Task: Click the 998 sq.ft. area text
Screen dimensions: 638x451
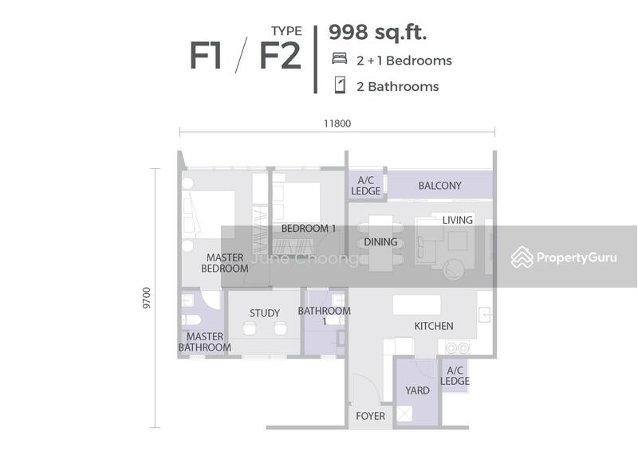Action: click(377, 33)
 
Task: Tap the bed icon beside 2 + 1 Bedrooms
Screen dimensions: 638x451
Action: click(340, 58)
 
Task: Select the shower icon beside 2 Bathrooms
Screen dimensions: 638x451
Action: click(340, 85)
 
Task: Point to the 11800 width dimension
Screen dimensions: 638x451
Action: click(337, 124)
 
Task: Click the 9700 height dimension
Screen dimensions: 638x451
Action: click(147, 298)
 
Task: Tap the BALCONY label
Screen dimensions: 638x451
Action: click(440, 186)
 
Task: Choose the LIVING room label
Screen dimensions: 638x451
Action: click(457, 220)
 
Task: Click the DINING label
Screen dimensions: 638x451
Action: click(380, 242)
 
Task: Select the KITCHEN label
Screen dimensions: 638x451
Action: click(434, 326)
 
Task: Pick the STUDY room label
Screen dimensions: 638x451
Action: click(265, 313)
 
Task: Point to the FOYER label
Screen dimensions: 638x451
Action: click(370, 416)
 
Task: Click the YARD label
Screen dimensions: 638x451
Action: click(417, 390)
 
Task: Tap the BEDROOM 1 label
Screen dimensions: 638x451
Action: click(309, 229)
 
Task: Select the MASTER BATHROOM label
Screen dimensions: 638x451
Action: click(205, 342)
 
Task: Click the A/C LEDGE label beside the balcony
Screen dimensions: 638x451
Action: click(366, 186)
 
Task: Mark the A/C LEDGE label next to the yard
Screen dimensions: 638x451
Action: click(455, 376)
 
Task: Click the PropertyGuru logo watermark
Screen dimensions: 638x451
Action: click(564, 257)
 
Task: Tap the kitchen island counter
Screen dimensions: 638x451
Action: click(416, 304)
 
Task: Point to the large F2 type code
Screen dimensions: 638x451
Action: click(281, 56)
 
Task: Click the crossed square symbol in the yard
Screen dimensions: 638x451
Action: click(405, 414)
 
